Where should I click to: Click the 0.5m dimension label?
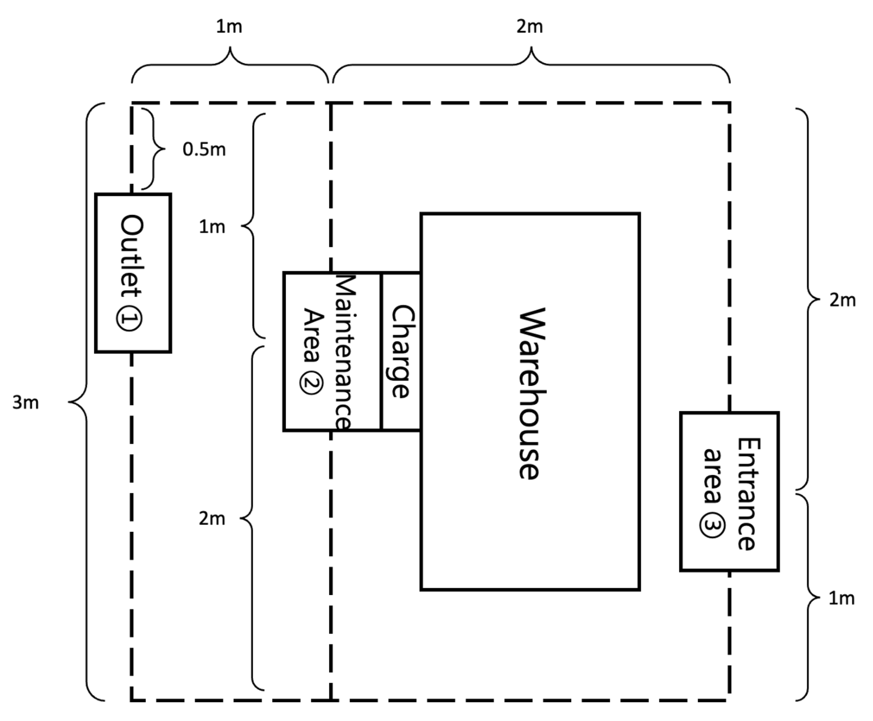point(204,150)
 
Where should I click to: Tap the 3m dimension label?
point(25,402)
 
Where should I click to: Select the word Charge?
point(402,352)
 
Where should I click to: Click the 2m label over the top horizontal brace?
point(530,27)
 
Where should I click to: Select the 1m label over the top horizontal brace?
point(229,27)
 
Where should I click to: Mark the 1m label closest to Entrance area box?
point(841,598)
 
